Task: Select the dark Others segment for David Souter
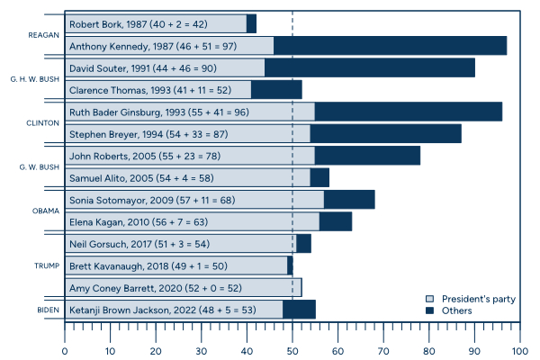pos(370,67)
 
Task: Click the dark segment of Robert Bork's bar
pos(251,24)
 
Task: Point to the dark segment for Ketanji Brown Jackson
pos(299,310)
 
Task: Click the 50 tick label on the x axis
pos(292,352)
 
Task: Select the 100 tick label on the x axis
pos(519,352)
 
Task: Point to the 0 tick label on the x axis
pos(65,352)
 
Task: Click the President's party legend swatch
pos(429,298)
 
